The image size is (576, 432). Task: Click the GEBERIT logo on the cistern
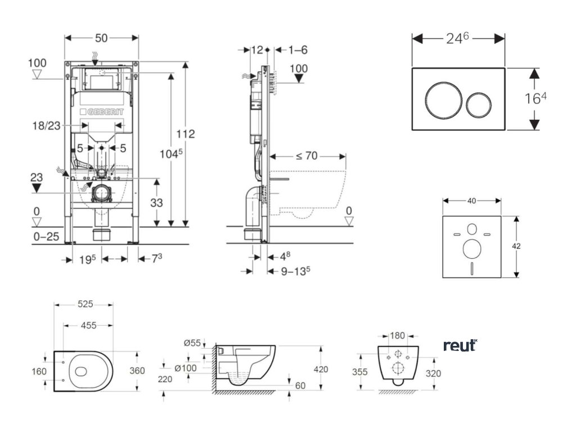click(102, 112)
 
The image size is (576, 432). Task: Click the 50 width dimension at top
click(101, 38)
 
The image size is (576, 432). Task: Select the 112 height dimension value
click(185, 134)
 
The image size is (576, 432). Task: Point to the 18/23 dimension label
click(46, 125)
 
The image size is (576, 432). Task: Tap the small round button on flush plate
click(479, 104)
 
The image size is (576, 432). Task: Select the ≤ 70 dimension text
click(307, 156)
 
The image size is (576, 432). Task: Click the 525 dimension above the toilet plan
click(85, 304)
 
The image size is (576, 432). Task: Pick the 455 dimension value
click(88, 325)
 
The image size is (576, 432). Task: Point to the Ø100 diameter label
click(186, 368)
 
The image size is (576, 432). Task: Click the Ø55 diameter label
click(192, 343)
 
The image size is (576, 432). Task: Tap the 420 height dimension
click(321, 369)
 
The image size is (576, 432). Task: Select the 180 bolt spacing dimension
click(397, 335)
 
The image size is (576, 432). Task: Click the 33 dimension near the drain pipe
click(156, 202)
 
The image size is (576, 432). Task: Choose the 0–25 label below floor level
click(46, 237)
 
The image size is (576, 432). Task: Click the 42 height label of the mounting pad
click(516, 246)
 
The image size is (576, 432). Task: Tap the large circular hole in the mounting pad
click(472, 249)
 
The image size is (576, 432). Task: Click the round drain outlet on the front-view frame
click(102, 193)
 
